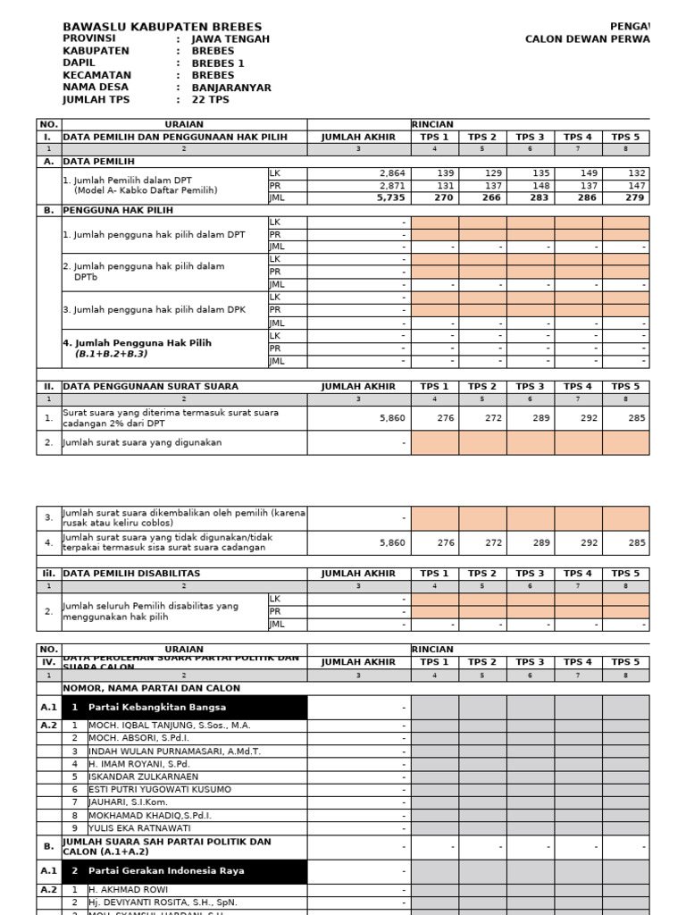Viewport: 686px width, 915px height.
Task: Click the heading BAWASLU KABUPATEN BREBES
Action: (x=162, y=28)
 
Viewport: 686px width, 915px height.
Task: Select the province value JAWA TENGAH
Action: (x=230, y=39)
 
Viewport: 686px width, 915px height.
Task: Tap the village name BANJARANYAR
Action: (x=231, y=88)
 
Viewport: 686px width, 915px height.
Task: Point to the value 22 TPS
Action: (x=210, y=100)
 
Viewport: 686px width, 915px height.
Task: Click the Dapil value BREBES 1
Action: (x=218, y=63)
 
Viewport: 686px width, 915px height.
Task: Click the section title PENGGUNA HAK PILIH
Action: (x=117, y=210)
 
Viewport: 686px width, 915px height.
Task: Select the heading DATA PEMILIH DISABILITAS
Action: (x=131, y=573)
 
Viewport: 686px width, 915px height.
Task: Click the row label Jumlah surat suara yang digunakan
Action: (x=142, y=442)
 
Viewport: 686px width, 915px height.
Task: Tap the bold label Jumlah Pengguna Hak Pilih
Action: (x=137, y=342)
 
